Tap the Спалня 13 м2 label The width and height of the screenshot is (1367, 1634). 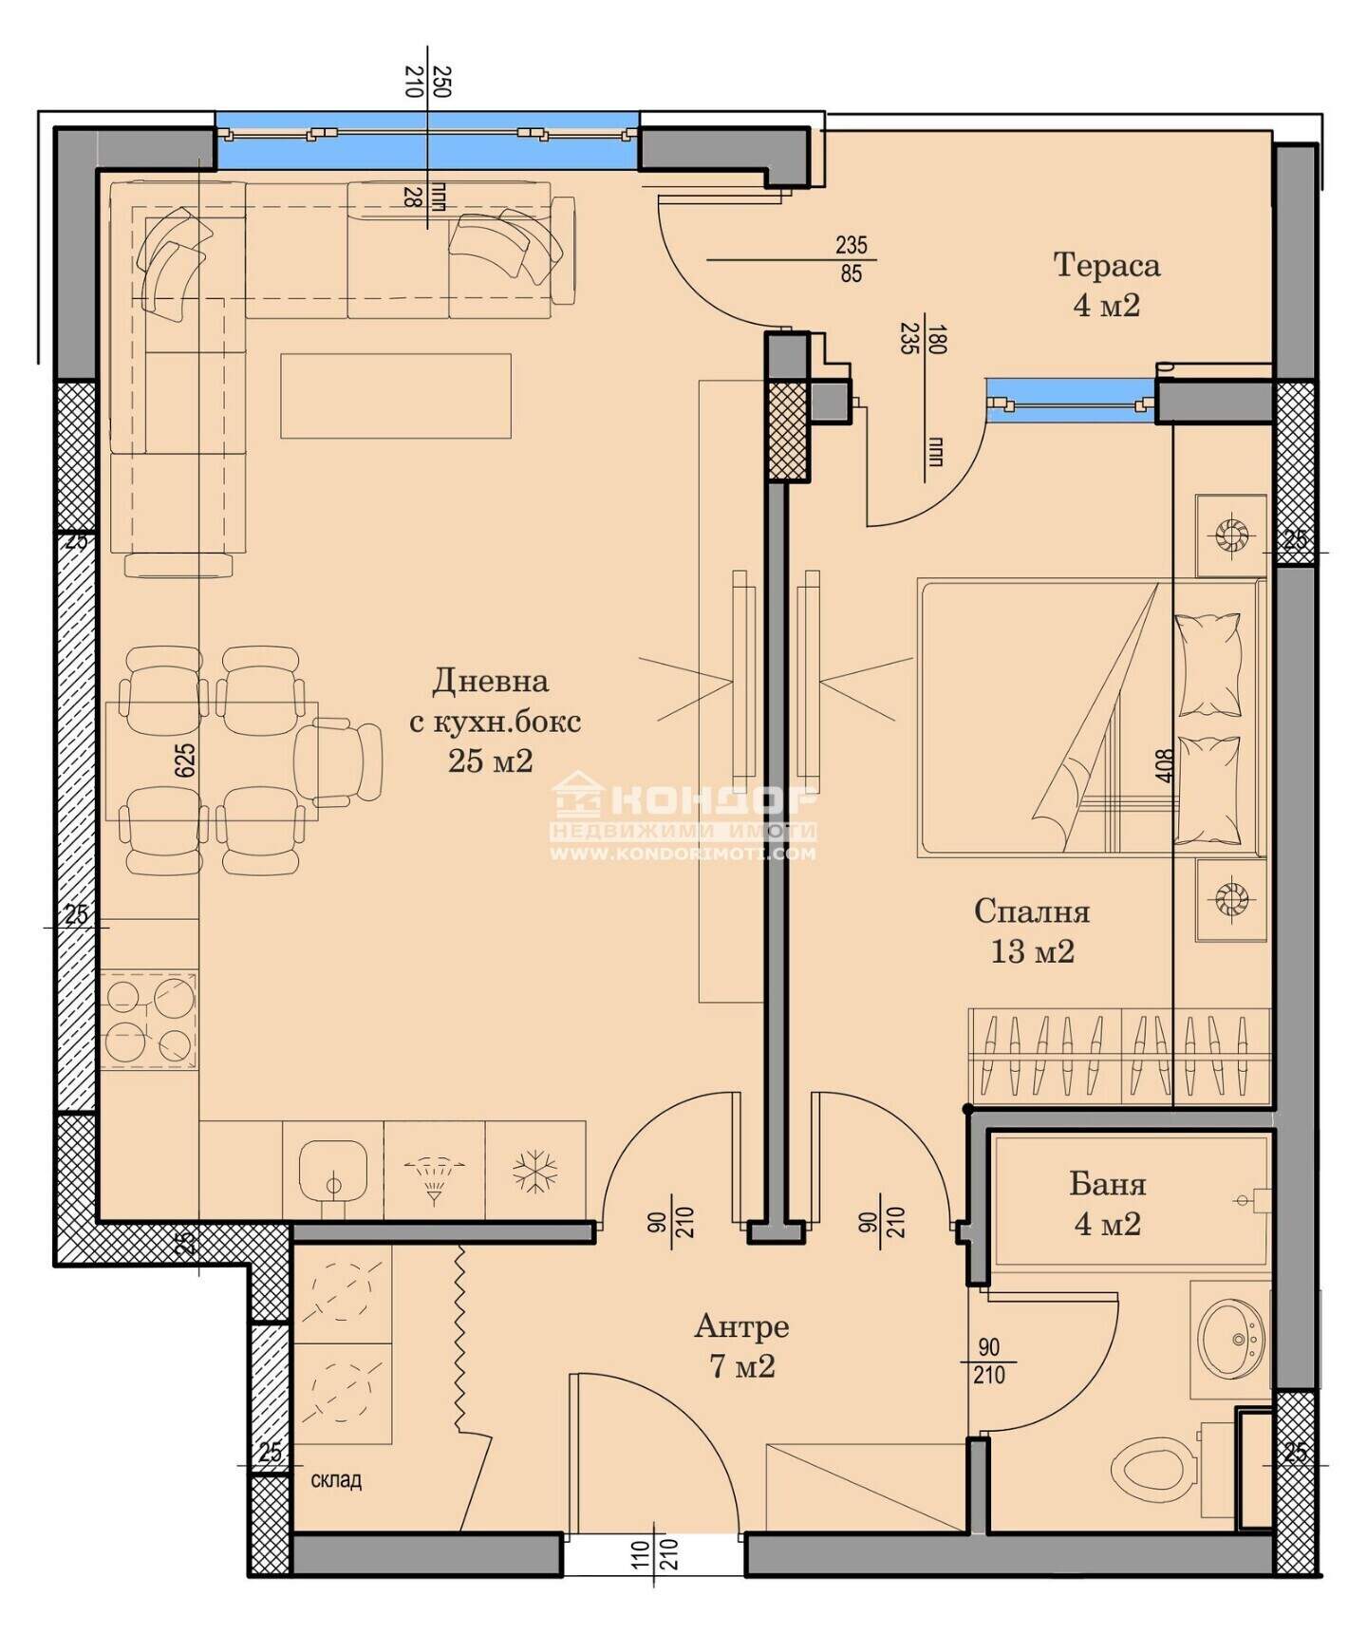1032,930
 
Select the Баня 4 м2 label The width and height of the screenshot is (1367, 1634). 1108,1203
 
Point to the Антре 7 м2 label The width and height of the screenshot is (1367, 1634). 741,1345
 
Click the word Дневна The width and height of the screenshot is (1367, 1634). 491,681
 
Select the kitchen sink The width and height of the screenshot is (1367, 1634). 332,1173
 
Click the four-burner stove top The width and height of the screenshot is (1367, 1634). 149,1020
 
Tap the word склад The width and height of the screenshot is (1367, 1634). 336,1480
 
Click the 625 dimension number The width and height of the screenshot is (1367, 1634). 185,760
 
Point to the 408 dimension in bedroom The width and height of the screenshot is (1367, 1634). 1166,766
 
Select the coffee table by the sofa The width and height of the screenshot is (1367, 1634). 396,396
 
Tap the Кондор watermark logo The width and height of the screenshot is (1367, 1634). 683,817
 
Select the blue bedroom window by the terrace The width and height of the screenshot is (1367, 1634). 1072,400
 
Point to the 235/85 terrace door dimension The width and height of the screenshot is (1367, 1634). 851,259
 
